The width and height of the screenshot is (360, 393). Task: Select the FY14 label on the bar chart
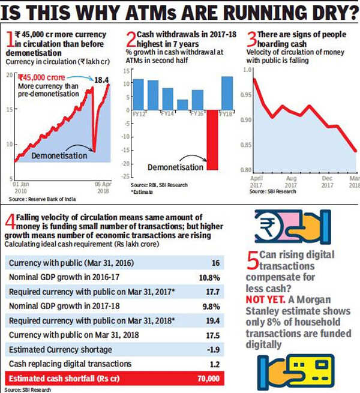[169, 113]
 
